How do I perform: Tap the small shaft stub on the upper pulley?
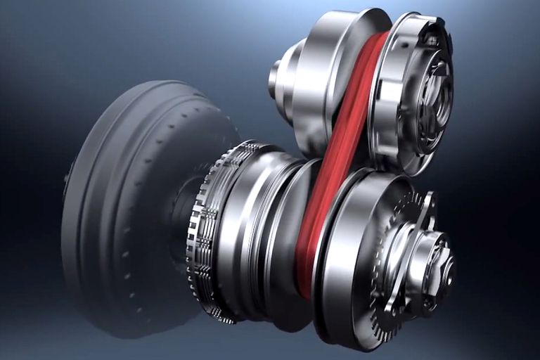274,79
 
